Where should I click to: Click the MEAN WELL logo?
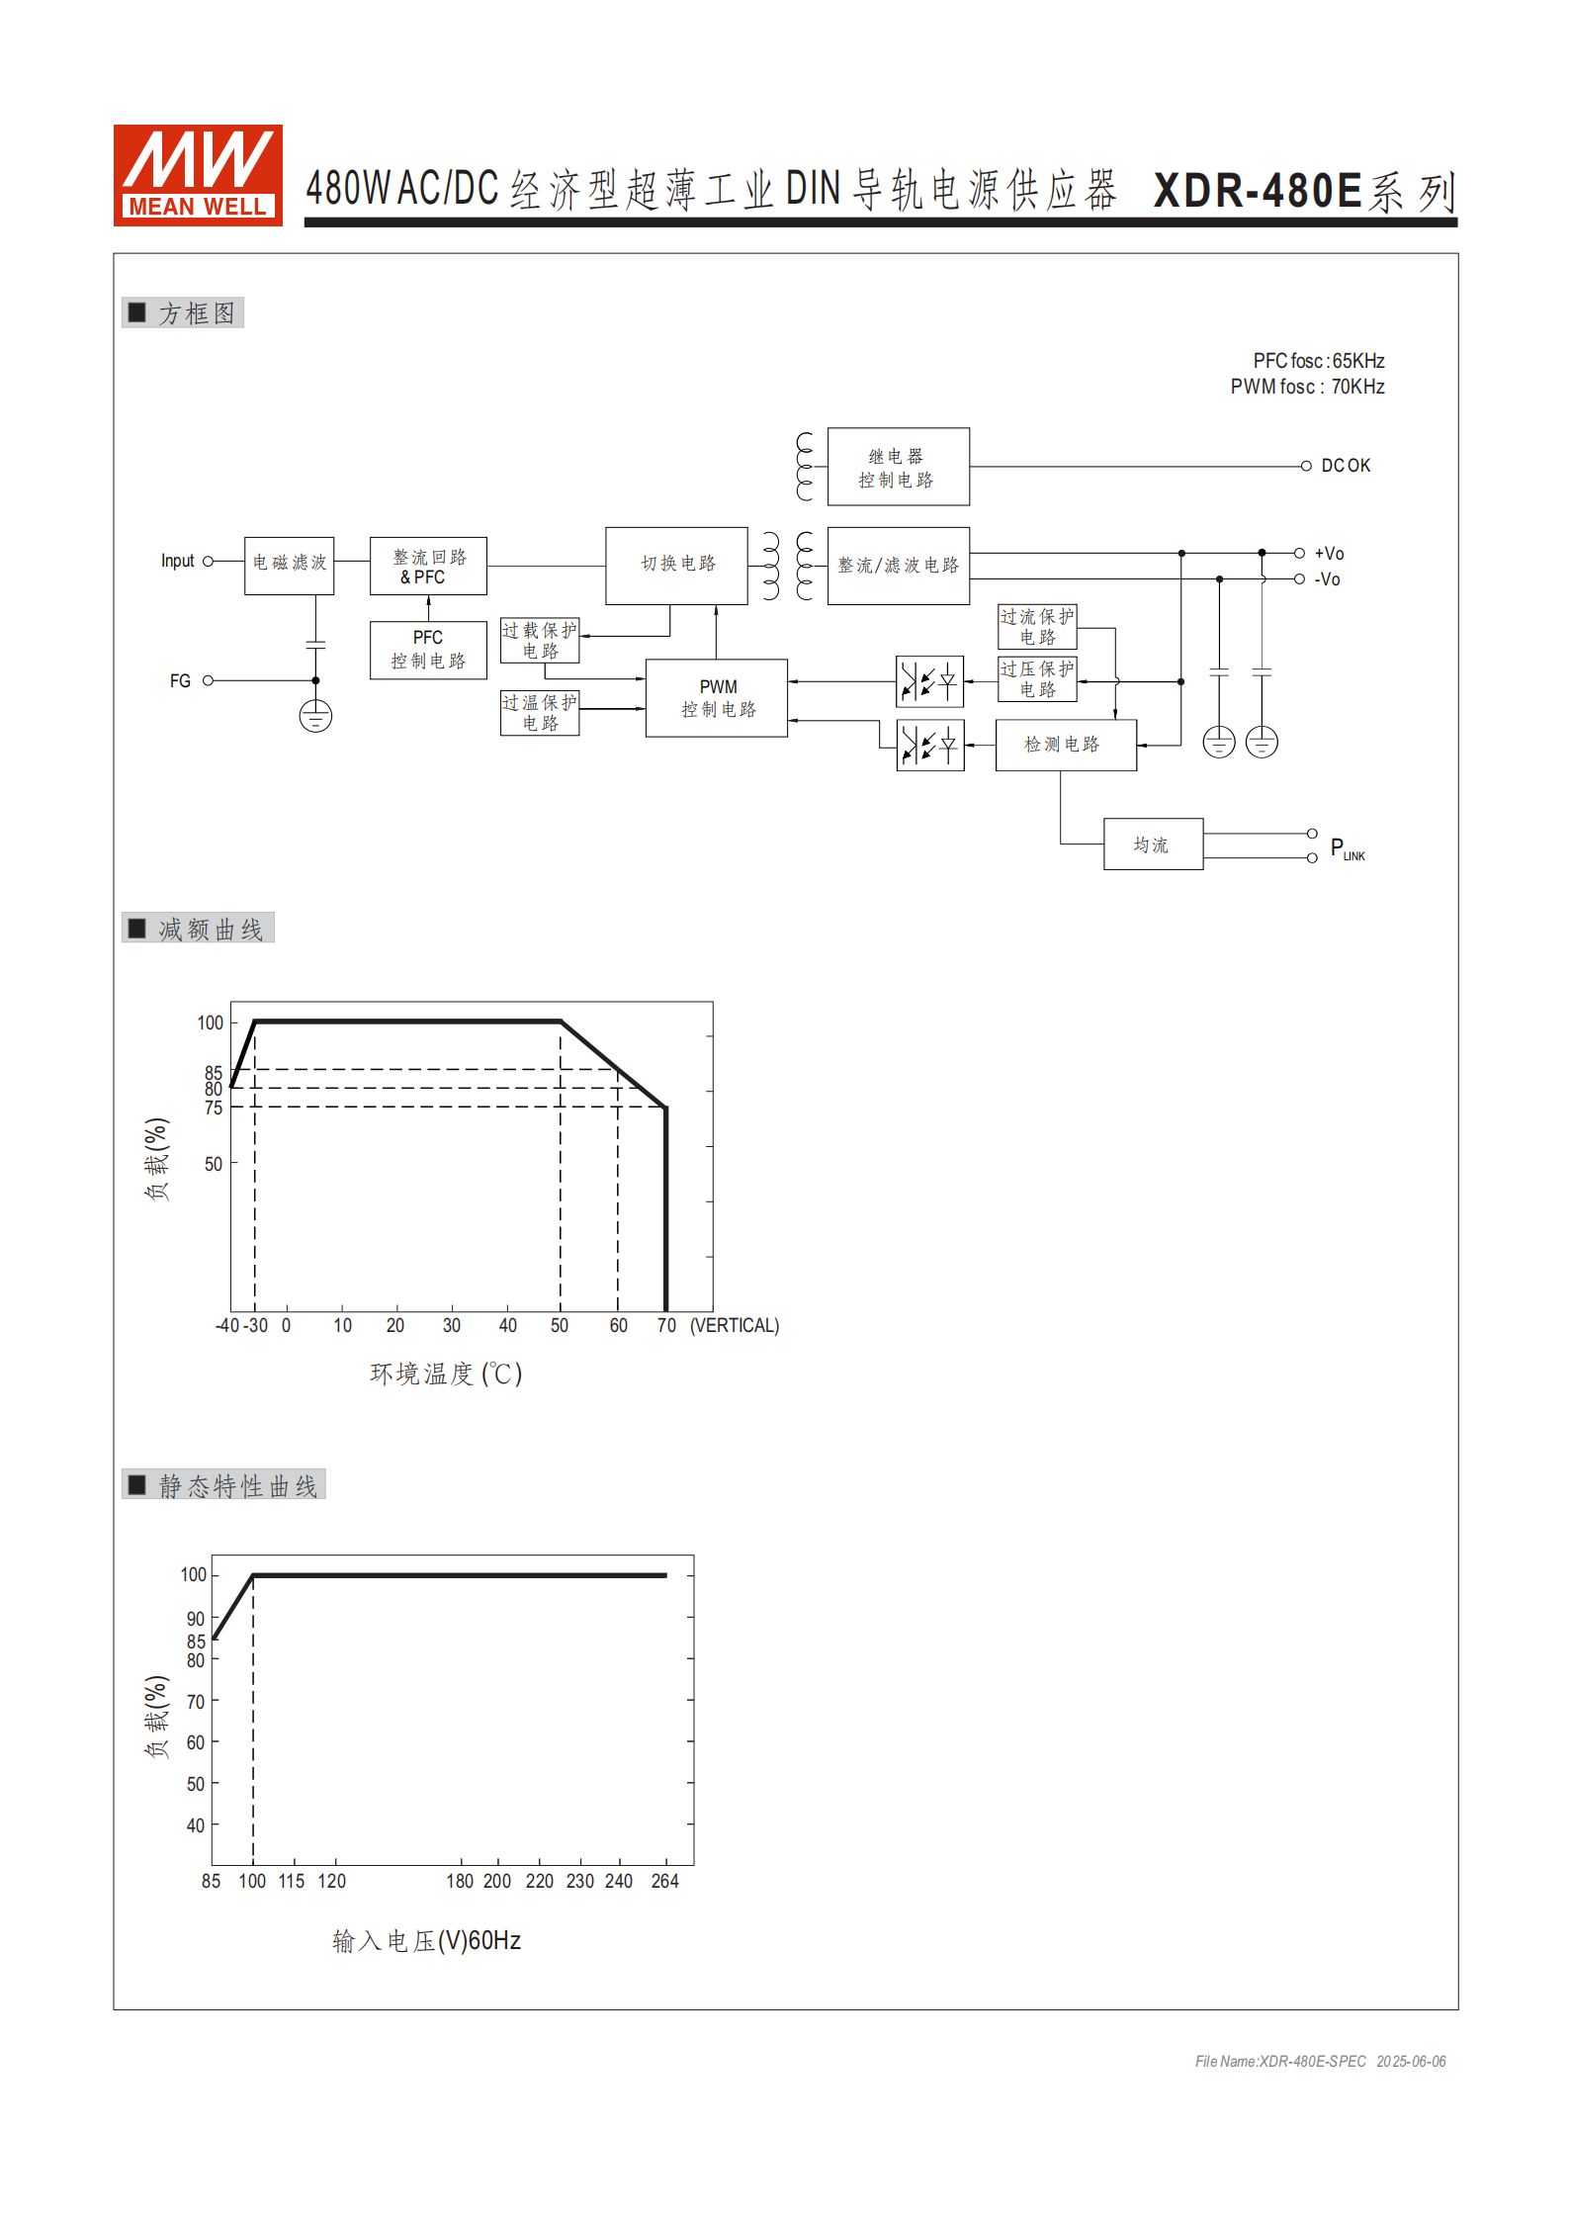(x=198, y=175)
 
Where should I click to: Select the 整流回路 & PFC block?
(x=428, y=566)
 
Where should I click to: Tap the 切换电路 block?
(x=676, y=565)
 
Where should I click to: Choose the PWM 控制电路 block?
(x=717, y=698)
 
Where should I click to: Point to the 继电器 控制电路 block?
(x=898, y=467)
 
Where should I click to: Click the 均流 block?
(x=1153, y=844)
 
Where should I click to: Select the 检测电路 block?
(x=1065, y=745)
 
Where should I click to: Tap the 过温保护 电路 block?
(x=540, y=713)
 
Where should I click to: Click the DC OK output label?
(x=1346, y=466)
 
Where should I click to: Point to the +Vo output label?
(x=1329, y=554)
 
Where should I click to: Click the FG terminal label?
(x=180, y=681)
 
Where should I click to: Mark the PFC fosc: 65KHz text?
(x=1318, y=361)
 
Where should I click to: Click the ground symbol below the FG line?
(x=315, y=716)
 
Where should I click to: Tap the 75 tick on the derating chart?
(x=214, y=1109)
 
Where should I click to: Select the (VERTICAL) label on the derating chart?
(x=735, y=1326)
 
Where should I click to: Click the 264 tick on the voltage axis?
(x=664, y=1882)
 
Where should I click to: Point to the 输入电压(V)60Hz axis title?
(x=426, y=1941)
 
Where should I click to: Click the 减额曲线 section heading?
(x=210, y=930)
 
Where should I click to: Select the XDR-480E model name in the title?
(x=1258, y=191)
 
